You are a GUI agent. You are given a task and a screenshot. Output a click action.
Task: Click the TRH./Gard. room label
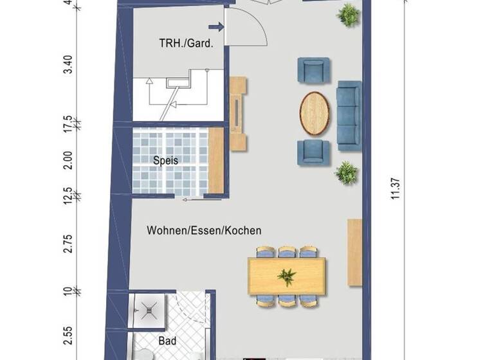[x=186, y=44]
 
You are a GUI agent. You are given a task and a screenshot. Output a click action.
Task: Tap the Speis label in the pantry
[x=165, y=161]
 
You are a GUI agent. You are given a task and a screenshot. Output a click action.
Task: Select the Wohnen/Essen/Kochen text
[x=204, y=230]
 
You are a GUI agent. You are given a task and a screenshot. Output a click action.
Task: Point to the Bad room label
[x=166, y=341]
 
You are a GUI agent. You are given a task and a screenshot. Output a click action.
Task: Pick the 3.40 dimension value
[x=69, y=66]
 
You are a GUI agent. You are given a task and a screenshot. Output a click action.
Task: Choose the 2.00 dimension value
[x=69, y=161]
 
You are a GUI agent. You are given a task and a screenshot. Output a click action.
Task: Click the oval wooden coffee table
[x=315, y=113]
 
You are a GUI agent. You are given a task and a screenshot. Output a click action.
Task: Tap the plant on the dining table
[x=286, y=277]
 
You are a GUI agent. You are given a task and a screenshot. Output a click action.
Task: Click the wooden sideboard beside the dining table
[x=354, y=252]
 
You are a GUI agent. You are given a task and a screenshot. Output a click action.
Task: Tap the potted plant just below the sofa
[x=347, y=172]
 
